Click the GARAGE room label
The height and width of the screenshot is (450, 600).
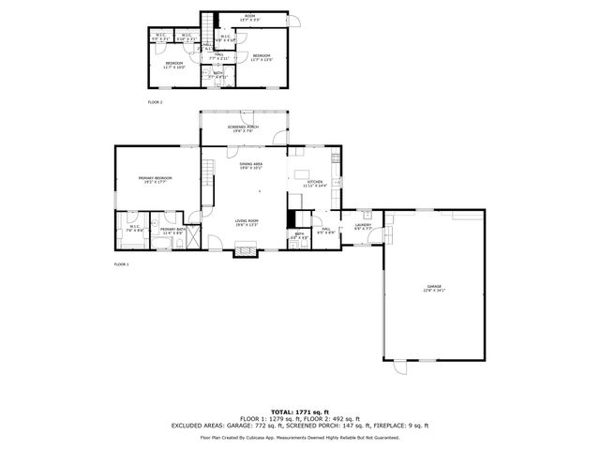(434, 287)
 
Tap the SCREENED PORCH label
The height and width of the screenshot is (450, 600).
(245, 127)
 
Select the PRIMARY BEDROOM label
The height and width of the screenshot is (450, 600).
(156, 178)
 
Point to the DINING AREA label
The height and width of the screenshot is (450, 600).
(250, 164)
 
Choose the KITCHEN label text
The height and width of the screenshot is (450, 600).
(315, 181)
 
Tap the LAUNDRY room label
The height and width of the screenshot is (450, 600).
(364, 225)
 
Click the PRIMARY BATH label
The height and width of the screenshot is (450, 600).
(172, 229)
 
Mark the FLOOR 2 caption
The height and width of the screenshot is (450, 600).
(155, 101)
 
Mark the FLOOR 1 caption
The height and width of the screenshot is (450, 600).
(121, 264)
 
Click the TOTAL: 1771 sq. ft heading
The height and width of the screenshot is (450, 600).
(299, 412)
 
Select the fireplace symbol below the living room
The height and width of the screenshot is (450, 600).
(245, 249)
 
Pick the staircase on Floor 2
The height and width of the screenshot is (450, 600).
(209, 22)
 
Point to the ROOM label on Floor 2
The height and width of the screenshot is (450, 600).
(249, 16)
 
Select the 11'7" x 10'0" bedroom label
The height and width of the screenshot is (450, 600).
(174, 64)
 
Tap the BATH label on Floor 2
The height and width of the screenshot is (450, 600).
(217, 73)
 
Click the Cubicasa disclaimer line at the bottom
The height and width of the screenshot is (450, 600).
(299, 437)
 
